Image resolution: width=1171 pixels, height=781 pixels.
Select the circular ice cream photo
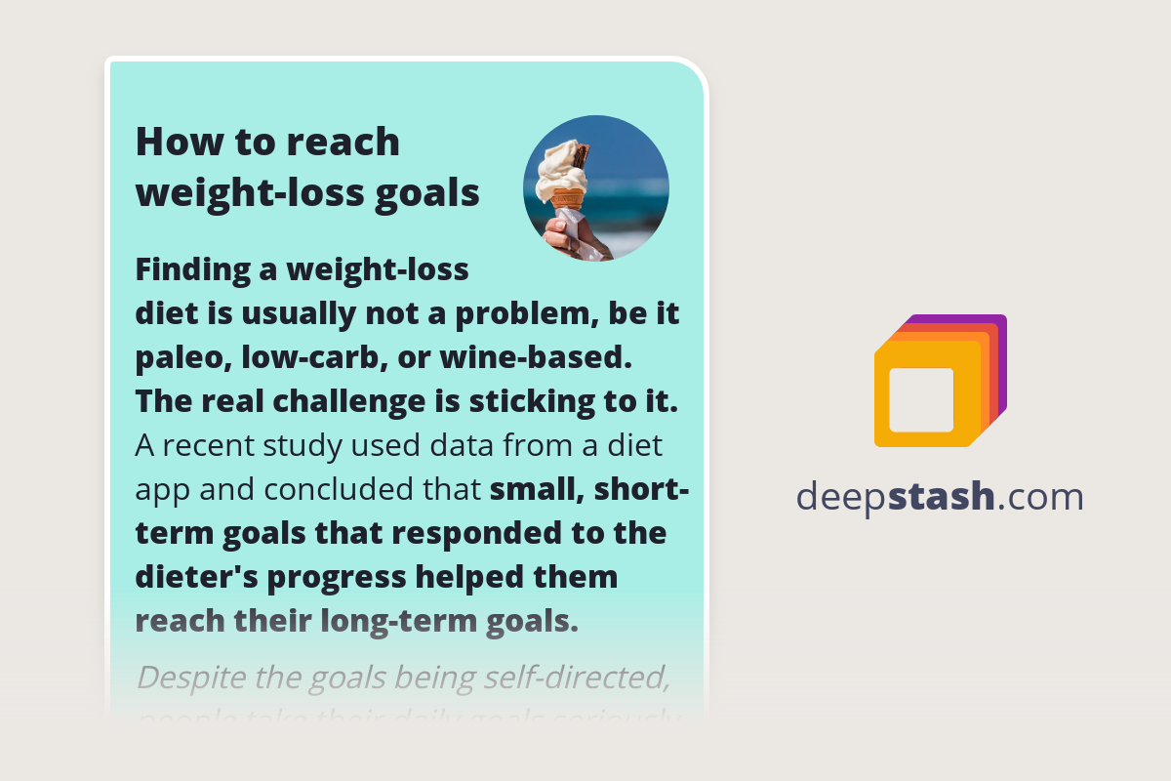tap(596, 188)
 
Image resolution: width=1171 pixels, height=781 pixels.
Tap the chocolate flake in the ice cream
tap(580, 155)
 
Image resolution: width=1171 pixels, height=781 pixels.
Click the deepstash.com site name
tap(940, 497)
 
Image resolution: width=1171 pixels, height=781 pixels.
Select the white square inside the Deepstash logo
tap(921, 399)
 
